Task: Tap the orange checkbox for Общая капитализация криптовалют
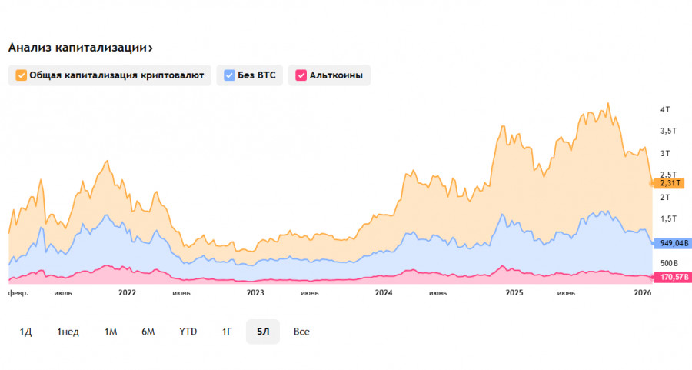(21, 75)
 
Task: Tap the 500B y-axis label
(667, 263)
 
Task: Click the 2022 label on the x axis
(127, 293)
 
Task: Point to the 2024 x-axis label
(383, 293)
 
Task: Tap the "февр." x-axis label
(18, 293)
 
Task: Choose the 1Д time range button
(25, 332)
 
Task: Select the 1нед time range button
(68, 332)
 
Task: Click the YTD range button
(188, 332)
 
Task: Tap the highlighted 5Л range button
(263, 332)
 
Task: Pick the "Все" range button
(301, 332)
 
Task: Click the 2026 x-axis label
(642, 293)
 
